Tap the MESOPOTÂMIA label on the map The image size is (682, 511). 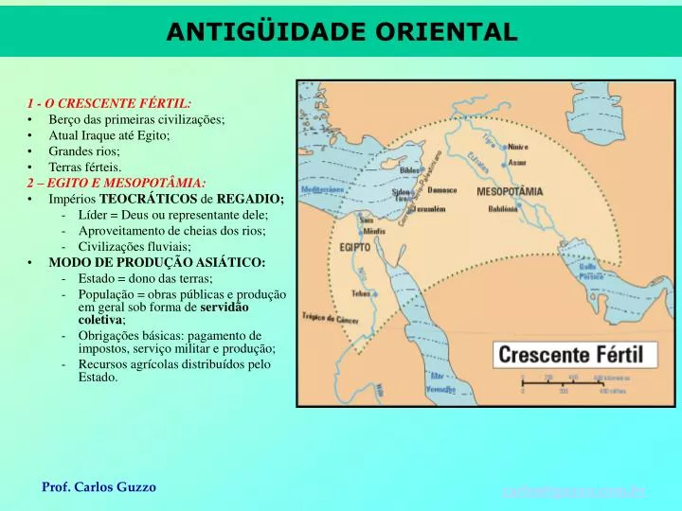pyautogui.click(x=509, y=191)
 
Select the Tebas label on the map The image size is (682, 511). pyautogui.click(x=361, y=294)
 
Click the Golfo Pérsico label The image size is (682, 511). pyautogui.click(x=593, y=272)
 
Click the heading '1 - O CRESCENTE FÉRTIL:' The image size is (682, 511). pyautogui.click(x=109, y=103)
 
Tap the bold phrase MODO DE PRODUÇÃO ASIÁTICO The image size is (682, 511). pyautogui.click(x=157, y=262)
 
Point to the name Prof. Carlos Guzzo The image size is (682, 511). pyautogui.click(x=99, y=486)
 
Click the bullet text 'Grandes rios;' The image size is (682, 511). pyautogui.click(x=84, y=151)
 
